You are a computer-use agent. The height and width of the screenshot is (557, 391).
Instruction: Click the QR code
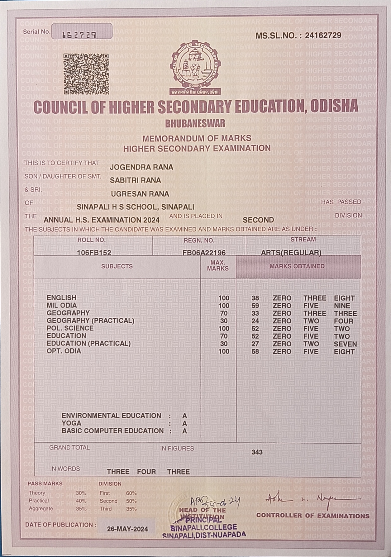click(86, 74)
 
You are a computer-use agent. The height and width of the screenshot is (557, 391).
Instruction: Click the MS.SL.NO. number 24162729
click(323, 36)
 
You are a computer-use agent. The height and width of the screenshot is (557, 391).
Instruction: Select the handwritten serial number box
click(82, 31)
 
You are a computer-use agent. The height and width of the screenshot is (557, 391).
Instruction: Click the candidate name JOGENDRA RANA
click(141, 167)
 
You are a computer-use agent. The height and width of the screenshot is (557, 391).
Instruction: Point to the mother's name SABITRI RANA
click(136, 180)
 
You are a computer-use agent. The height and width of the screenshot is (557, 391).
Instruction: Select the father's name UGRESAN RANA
click(140, 194)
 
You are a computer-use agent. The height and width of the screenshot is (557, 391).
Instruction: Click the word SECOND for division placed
click(258, 220)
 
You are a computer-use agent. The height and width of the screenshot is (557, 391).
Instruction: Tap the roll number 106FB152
click(94, 253)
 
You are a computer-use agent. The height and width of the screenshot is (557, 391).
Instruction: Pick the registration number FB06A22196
click(204, 253)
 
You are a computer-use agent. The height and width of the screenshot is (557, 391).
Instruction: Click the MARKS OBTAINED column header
click(297, 266)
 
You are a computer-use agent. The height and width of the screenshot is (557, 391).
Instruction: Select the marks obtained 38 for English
click(255, 298)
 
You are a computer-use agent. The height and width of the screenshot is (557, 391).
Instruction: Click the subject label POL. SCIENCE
click(70, 328)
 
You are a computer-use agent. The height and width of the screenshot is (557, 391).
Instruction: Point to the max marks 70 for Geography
click(224, 313)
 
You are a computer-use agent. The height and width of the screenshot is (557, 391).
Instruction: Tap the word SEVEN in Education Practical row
click(345, 344)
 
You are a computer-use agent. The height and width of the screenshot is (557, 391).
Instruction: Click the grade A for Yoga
click(185, 424)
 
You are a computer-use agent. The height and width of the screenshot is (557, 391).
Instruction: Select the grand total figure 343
click(257, 452)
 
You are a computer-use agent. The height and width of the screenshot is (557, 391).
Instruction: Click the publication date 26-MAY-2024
click(127, 529)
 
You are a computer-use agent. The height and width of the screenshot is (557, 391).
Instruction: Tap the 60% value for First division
click(131, 493)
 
